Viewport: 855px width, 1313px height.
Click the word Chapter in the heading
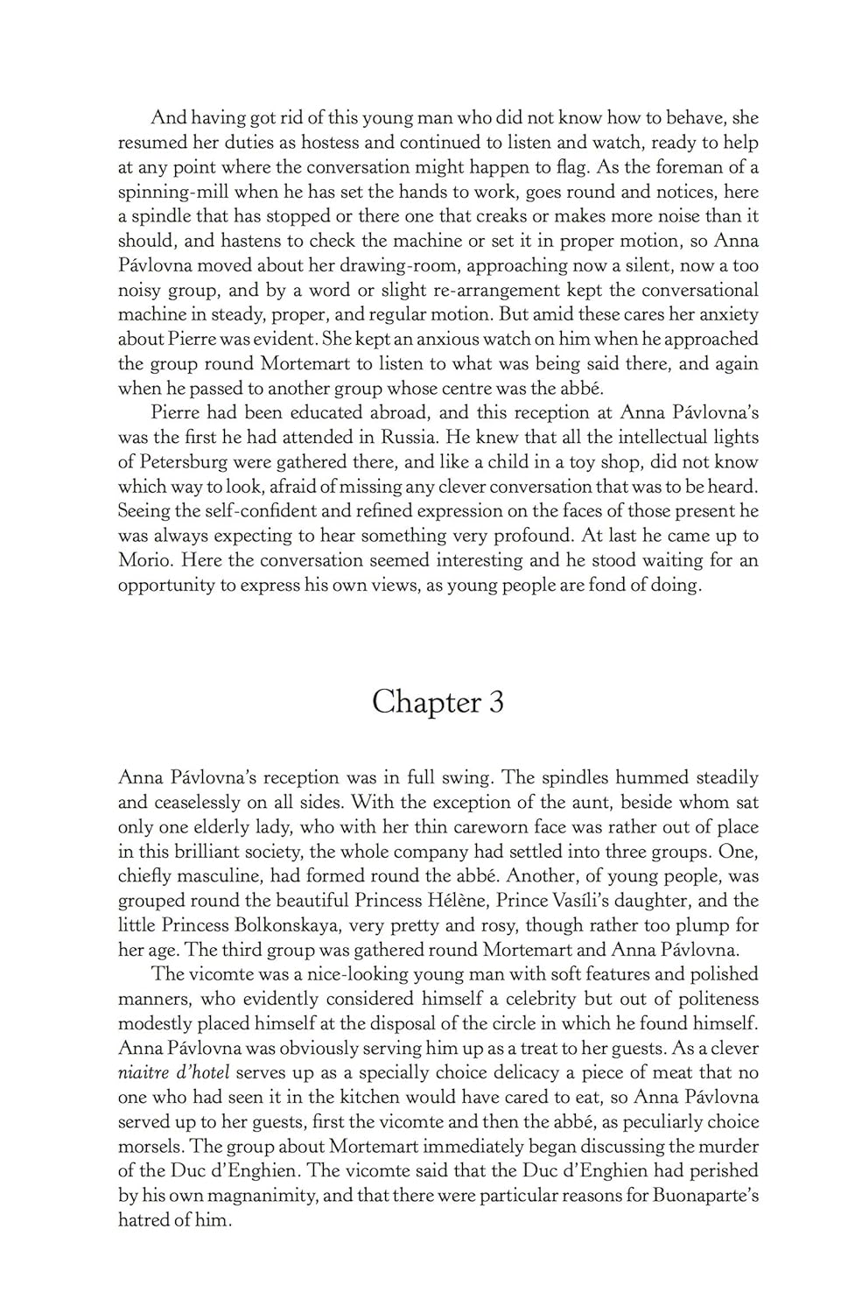(x=427, y=702)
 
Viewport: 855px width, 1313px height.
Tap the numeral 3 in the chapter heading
(x=496, y=702)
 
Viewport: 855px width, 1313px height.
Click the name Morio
(x=144, y=560)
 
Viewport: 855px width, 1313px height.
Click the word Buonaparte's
(x=705, y=1196)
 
